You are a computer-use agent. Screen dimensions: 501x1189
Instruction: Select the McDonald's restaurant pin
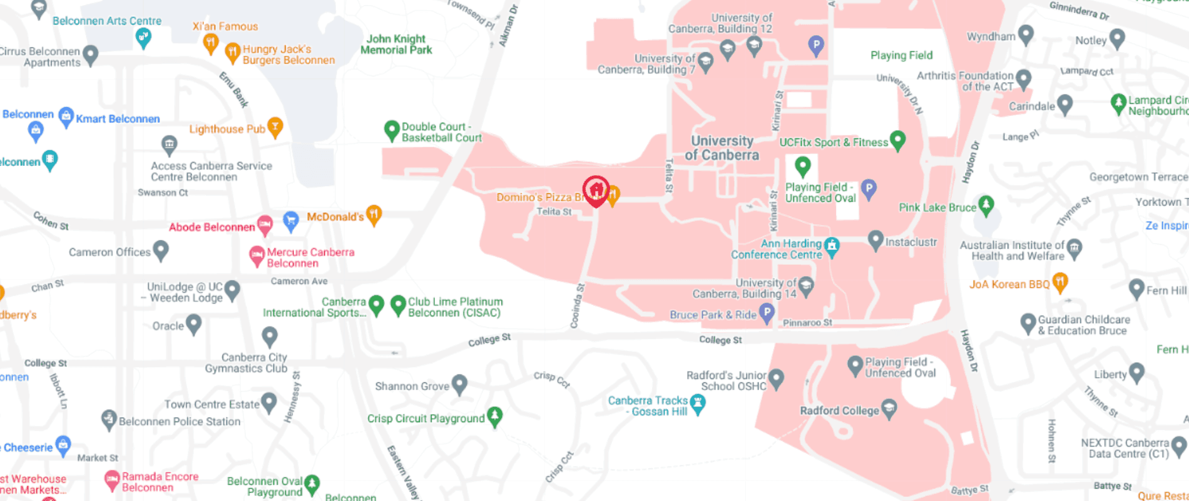point(374,215)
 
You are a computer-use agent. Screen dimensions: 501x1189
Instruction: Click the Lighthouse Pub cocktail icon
point(275,127)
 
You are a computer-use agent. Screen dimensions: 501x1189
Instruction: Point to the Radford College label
point(839,411)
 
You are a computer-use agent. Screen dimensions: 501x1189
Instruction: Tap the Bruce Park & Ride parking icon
point(767,312)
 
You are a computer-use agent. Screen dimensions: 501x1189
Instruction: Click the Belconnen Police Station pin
point(109,419)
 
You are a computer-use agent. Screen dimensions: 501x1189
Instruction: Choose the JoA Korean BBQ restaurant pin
point(1059,282)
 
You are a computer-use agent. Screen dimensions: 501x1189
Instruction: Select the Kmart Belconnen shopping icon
point(66,116)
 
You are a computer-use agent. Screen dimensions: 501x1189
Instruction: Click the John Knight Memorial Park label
point(396,44)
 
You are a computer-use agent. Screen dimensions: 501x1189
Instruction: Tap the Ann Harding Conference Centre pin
point(832,246)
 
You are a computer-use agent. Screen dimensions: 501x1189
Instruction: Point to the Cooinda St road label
point(577,306)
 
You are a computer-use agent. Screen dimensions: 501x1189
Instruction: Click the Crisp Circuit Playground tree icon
point(494,416)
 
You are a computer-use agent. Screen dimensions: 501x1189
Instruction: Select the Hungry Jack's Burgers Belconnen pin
point(232,52)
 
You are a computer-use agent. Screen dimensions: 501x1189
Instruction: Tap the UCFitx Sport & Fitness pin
point(897,140)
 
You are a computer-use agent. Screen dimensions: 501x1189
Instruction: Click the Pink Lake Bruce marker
point(986,205)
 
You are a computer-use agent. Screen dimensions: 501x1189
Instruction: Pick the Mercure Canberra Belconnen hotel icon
point(257,256)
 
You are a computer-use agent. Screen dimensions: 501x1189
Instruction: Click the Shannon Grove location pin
point(459,384)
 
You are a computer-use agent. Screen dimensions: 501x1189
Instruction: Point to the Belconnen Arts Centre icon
point(143,38)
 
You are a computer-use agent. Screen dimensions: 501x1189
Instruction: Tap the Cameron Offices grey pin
point(161,250)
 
